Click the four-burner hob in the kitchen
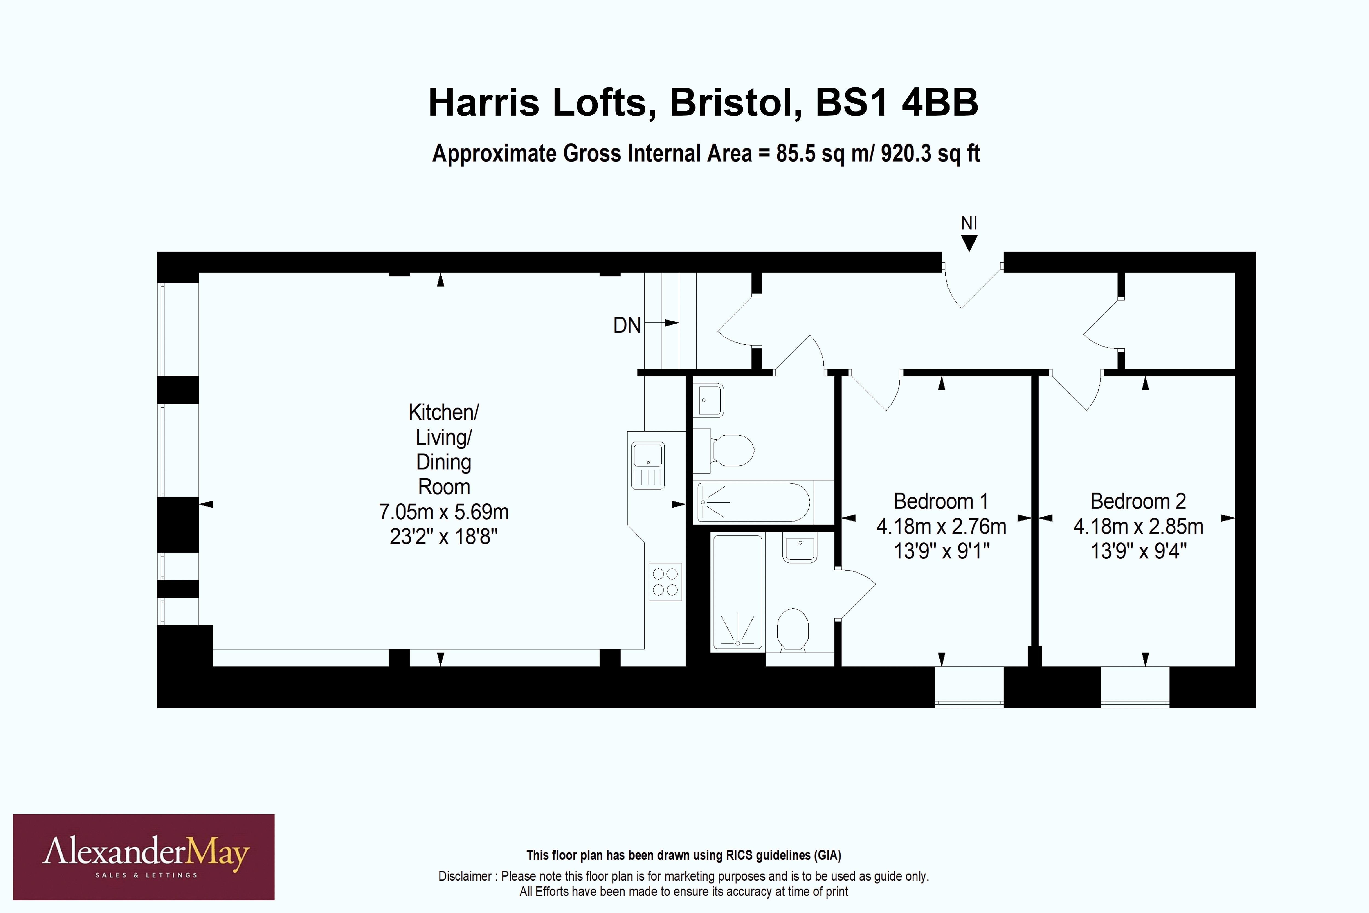(665, 582)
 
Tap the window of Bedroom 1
(969, 687)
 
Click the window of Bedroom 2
(1134, 687)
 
